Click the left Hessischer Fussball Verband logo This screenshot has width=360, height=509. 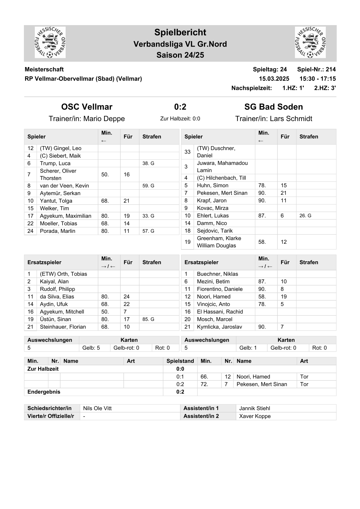[50, 42]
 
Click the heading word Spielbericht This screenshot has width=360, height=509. [180, 32]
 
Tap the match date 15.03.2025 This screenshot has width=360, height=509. [274, 79]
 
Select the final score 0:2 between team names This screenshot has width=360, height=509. [180, 107]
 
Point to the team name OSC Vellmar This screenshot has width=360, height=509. [87, 107]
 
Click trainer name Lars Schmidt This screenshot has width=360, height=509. [291, 119]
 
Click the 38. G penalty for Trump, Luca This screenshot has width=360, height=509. [148, 163]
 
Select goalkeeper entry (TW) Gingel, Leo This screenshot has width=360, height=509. [61, 148]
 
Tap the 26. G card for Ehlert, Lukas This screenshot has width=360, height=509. [305, 216]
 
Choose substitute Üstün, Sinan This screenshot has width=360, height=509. [55, 319]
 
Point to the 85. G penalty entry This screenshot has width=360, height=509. [148, 319]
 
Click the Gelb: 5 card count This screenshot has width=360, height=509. [91, 348]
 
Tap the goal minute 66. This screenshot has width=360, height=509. [204, 377]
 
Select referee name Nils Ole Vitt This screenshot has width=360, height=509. [97, 408]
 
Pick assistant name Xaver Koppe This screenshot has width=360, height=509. [255, 416]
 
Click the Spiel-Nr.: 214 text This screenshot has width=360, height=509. [316, 69]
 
